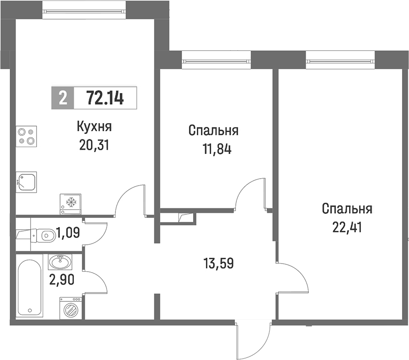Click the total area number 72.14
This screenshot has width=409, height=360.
[x=105, y=98]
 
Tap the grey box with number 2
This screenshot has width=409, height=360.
[x=63, y=98]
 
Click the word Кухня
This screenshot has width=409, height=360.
[x=94, y=127]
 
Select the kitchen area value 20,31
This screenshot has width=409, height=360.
[x=94, y=145]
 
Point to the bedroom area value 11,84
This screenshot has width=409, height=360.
[x=217, y=149]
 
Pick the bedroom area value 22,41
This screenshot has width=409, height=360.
[x=347, y=227]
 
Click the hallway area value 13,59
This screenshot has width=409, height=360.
[x=219, y=263]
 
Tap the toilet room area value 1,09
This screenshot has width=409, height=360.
[x=68, y=232]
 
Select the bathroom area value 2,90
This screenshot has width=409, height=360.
[x=61, y=280]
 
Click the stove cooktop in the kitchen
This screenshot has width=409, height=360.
[x=27, y=136]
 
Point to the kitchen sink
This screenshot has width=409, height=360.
[x=26, y=182]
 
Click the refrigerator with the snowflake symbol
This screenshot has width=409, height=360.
[x=70, y=204]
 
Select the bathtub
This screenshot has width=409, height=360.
[x=29, y=286]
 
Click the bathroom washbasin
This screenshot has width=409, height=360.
[x=60, y=262]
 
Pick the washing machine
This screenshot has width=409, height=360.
[x=70, y=308]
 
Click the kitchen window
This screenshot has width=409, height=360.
[x=84, y=11]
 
